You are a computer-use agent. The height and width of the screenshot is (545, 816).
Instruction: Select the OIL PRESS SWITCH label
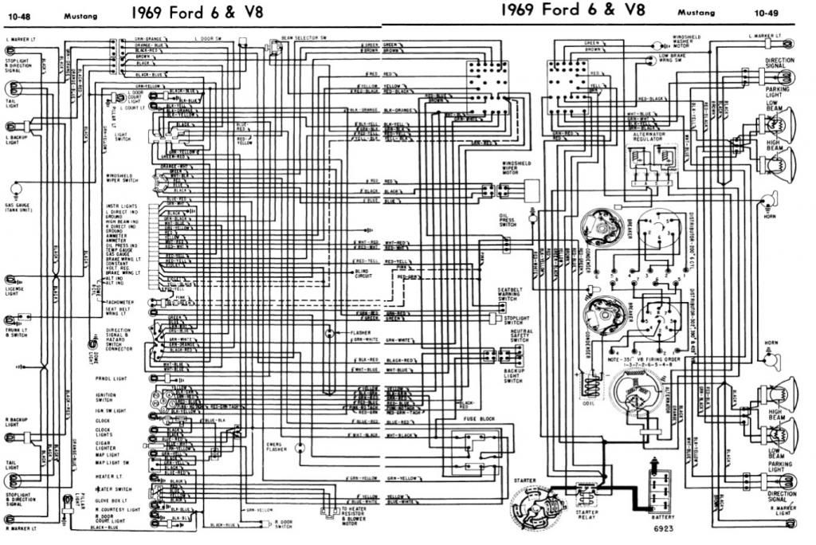click(508, 218)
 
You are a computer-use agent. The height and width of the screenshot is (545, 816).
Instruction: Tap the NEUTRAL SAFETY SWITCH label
click(510, 335)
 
